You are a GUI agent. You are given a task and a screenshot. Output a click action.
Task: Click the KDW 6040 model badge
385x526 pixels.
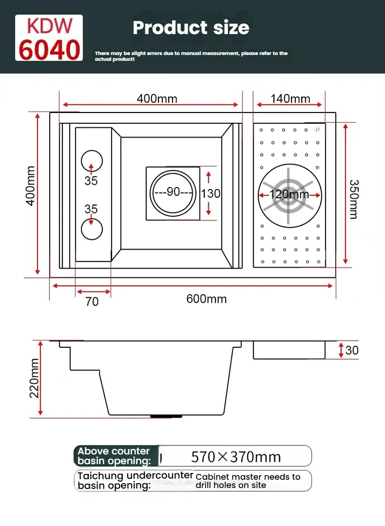[49, 38]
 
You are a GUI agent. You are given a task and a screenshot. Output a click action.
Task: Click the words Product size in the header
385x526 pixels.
[191, 27]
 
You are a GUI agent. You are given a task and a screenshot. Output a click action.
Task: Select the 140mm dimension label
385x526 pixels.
[290, 99]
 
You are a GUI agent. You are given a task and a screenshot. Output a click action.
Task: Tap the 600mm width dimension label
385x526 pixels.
[206, 299]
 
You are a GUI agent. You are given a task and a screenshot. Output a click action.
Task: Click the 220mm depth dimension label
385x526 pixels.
[34, 377]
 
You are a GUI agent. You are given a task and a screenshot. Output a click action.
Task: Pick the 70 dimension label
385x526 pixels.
[92, 301]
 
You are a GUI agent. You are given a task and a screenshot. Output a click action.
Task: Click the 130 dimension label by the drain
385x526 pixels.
[211, 193]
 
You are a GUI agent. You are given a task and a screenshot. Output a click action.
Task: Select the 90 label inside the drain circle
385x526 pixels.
[173, 192]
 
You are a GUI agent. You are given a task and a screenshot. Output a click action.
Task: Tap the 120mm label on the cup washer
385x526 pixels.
[289, 194]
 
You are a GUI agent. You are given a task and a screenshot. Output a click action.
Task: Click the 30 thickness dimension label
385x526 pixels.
[351, 350]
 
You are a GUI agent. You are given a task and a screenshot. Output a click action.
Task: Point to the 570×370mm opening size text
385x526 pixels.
[236, 457]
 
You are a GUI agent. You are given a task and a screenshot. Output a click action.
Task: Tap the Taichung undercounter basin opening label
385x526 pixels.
[135, 480]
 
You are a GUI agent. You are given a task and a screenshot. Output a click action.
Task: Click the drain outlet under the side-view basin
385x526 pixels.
[166, 416]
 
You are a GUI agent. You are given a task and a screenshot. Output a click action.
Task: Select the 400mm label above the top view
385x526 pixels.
[157, 99]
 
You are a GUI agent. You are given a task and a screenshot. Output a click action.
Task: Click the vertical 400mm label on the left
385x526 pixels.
[31, 186]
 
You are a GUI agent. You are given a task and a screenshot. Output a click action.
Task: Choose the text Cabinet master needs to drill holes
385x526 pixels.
[248, 481]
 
